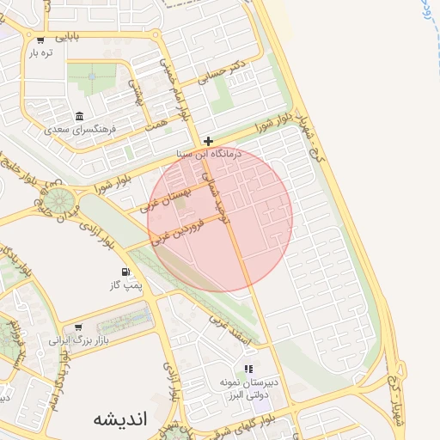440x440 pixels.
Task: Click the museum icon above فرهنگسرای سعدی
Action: click(x=79, y=117)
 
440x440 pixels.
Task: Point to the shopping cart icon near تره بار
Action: click(x=40, y=40)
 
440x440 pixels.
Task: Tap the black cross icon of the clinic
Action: click(x=209, y=141)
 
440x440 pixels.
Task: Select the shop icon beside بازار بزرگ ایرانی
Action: click(x=78, y=327)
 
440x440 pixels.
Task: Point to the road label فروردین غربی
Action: click(x=177, y=231)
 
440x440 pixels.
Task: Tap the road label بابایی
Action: click(x=67, y=38)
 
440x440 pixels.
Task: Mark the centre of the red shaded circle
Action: click(x=220, y=218)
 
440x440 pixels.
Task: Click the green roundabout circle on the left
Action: click(x=59, y=200)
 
